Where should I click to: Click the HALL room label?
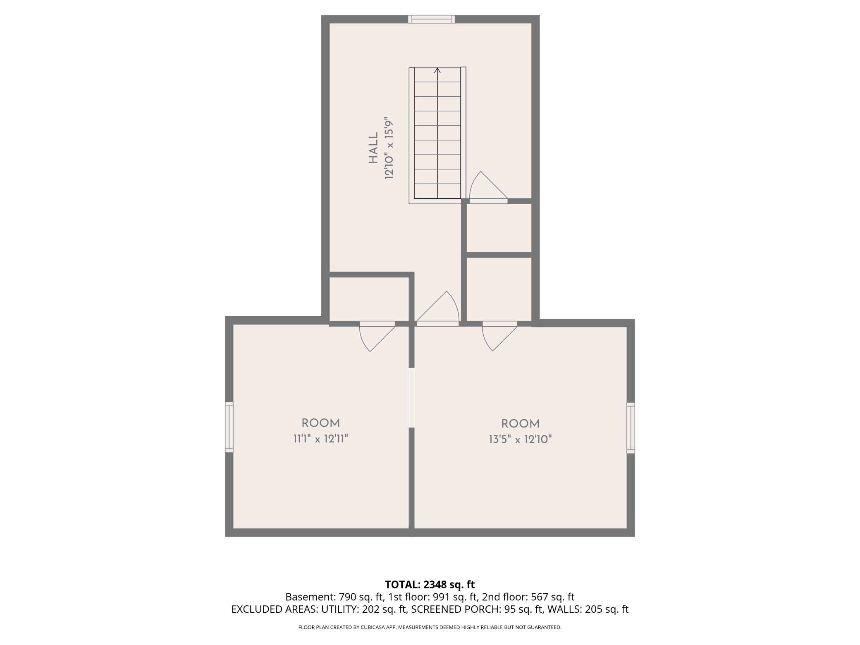pos(373,148)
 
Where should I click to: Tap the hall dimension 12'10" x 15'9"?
pos(389,148)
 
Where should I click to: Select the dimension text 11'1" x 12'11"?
pos(320,439)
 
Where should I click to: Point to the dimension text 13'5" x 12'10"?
pos(520,439)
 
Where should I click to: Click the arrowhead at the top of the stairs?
pos(437,70)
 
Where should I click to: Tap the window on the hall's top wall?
pos(431,19)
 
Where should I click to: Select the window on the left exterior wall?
pos(229,427)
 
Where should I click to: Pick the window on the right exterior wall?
pos(631,428)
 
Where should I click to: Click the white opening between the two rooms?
pos(411,397)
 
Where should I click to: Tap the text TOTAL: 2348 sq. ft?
pos(430,585)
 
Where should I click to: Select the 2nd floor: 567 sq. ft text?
pos(528,597)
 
